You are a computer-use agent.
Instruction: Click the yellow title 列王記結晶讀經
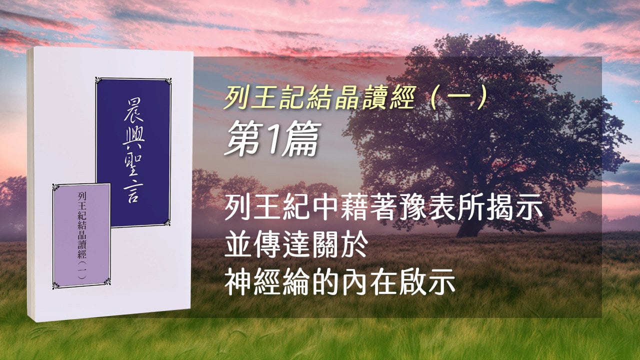point(319,97)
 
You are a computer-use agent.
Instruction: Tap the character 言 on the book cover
point(133,193)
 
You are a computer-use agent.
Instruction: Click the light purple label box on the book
point(81,236)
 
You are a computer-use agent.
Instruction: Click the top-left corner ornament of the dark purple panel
point(99,80)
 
